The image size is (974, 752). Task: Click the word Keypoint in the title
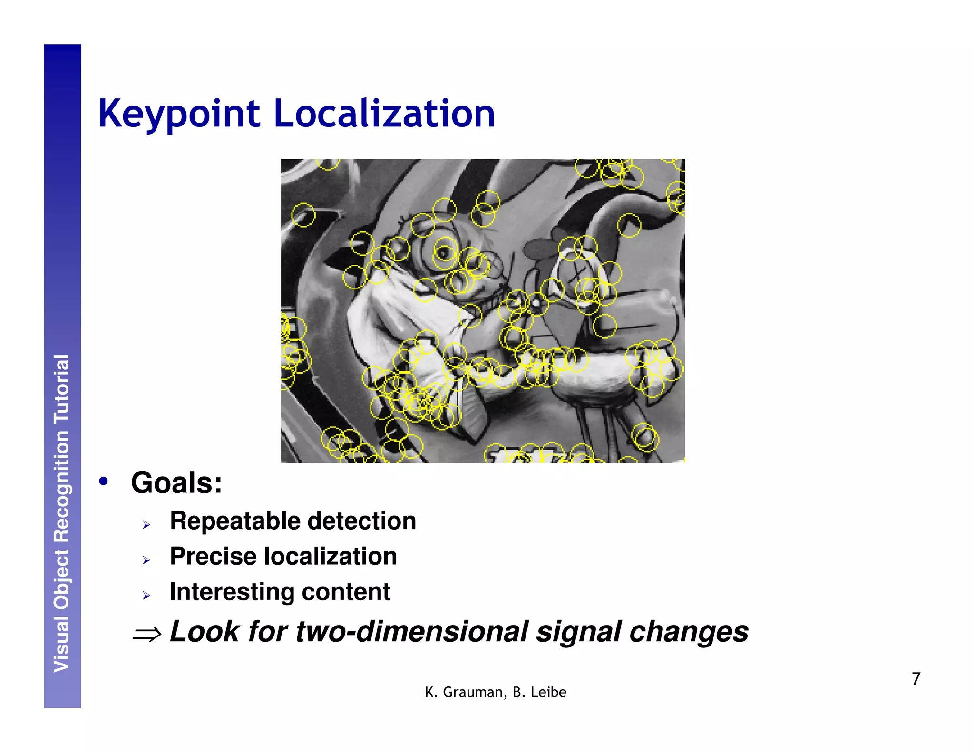(179, 114)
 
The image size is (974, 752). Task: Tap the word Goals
(176, 483)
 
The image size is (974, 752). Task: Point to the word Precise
(213, 557)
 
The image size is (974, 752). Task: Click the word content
(346, 592)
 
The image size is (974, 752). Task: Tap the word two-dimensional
(412, 632)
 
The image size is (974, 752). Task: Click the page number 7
(916, 678)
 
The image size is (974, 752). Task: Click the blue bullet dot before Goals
(103, 482)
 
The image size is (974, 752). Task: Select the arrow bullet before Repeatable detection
(146, 525)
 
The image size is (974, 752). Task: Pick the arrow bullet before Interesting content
(146, 596)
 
